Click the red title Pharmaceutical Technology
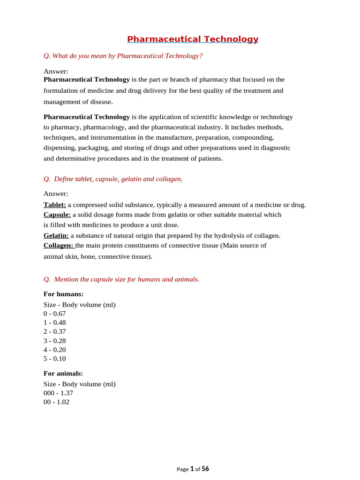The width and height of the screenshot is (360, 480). pyautogui.click(x=193, y=39)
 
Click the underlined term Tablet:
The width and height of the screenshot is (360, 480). pyautogui.click(x=55, y=205)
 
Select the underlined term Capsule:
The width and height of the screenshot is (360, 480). pyautogui.click(x=57, y=215)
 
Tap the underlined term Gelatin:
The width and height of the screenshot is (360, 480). pyautogui.click(x=56, y=235)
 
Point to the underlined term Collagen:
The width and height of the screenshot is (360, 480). pyautogui.click(x=59, y=245)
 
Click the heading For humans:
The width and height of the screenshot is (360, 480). pyautogui.click(x=64, y=294)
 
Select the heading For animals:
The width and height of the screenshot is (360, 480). pyautogui.click(x=63, y=373)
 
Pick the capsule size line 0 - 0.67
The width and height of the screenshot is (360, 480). pyautogui.click(x=55, y=314)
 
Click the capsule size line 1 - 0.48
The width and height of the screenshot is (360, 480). pyautogui.click(x=55, y=322)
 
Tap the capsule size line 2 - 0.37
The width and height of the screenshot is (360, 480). pyautogui.click(x=55, y=331)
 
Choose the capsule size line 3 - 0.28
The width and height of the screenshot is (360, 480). pyautogui.click(x=55, y=341)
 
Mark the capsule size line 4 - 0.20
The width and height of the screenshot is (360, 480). pyautogui.click(x=55, y=350)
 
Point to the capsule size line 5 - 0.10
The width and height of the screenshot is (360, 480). pyautogui.click(x=55, y=359)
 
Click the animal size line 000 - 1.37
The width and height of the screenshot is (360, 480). pyautogui.click(x=59, y=393)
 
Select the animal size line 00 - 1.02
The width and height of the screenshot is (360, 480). pyautogui.click(x=57, y=402)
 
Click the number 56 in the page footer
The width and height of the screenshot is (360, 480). pyautogui.click(x=205, y=469)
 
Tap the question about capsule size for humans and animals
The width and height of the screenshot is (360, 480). pyautogui.click(x=121, y=279)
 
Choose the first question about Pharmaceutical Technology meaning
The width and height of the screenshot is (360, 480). pyautogui.click(x=123, y=56)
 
